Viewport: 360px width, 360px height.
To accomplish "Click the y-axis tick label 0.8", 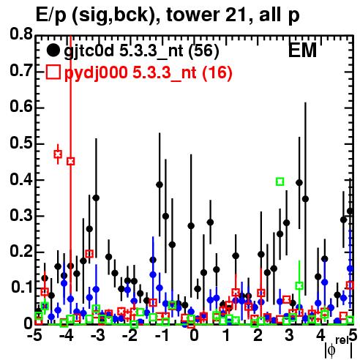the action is (21, 34).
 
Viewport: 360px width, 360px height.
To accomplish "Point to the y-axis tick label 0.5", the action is (21, 143).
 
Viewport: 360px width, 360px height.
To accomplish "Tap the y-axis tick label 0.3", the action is (21, 216).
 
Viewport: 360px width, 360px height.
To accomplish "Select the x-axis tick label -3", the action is (97, 336).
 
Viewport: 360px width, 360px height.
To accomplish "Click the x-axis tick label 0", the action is (194, 336).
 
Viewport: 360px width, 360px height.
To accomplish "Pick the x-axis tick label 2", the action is (258, 336).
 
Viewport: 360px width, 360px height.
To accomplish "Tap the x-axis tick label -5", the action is (34, 336).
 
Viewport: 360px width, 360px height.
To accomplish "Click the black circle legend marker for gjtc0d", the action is (53, 50).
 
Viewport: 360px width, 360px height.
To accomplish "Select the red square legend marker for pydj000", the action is (53, 72).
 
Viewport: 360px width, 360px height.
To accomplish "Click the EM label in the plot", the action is (302, 50).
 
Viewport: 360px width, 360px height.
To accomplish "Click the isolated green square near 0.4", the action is (280, 181).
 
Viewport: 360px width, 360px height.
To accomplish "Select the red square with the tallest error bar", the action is (71, 161).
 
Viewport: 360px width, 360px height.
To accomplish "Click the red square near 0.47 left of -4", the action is (58, 154).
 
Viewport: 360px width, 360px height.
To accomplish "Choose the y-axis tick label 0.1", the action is (21, 288).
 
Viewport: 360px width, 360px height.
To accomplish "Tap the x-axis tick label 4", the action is (321, 336).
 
